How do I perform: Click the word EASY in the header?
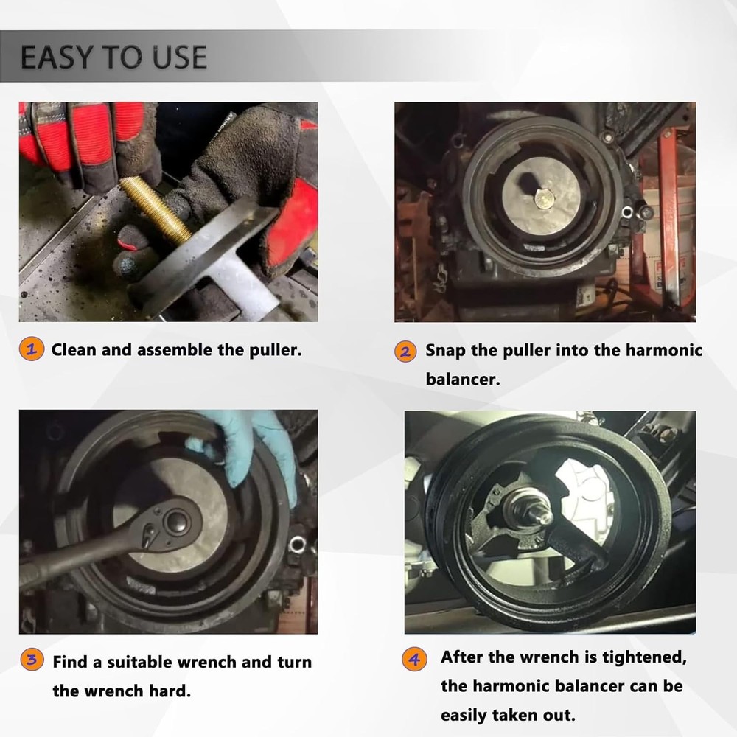[57, 57]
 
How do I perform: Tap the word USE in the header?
[180, 57]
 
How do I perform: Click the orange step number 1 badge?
[32, 349]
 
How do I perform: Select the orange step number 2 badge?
[405, 352]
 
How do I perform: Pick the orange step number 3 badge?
[32, 660]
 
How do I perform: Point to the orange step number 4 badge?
[414, 660]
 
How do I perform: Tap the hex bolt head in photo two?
[545, 200]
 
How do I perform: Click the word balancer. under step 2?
[463, 379]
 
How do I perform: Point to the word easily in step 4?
[464, 716]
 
